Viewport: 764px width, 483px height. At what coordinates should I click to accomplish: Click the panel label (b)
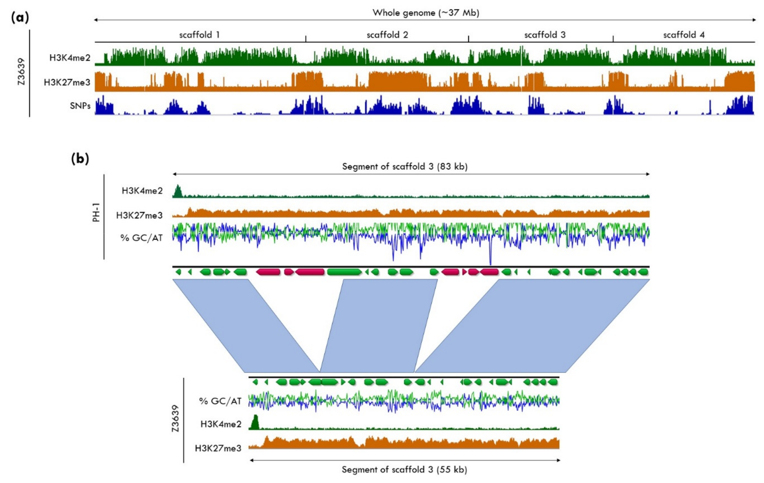[x=80, y=158]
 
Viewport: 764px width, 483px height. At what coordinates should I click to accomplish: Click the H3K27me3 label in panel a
[x=67, y=82]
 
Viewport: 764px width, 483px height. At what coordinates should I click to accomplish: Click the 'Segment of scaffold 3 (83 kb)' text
[x=405, y=167]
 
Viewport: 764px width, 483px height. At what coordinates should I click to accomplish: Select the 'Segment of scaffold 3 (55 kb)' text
[x=404, y=469]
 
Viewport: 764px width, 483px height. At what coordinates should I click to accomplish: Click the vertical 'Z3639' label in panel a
[x=21, y=71]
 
